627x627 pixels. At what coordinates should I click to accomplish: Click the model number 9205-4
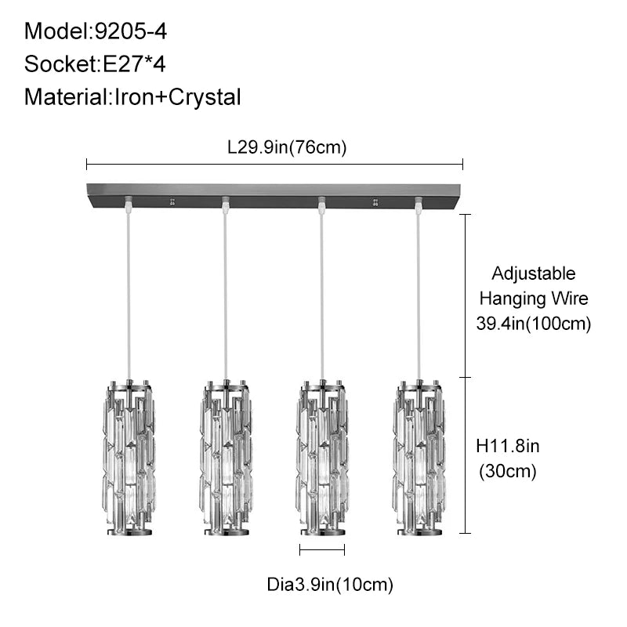[x=130, y=31]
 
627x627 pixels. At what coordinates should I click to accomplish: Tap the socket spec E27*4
[x=134, y=64]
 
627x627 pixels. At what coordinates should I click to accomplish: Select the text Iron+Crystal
[x=178, y=97]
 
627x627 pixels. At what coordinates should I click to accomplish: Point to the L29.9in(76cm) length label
[x=287, y=147]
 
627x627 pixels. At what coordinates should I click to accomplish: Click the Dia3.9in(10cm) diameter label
[x=330, y=585]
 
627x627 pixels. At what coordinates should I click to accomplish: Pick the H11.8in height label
[x=507, y=446]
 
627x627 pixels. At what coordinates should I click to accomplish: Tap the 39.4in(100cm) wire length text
[x=534, y=323]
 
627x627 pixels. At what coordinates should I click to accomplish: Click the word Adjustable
[x=534, y=274]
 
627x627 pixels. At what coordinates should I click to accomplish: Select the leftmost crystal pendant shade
[x=129, y=458]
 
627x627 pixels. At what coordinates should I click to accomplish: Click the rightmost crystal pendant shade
[x=419, y=458]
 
